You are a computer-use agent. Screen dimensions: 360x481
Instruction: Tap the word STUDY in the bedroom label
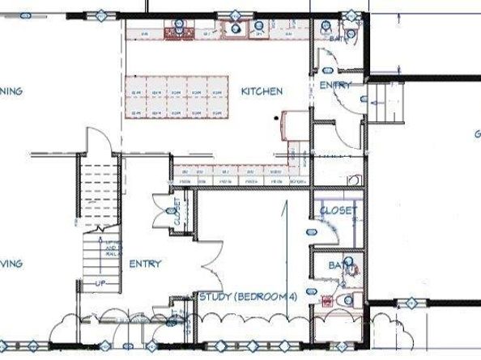click(215, 298)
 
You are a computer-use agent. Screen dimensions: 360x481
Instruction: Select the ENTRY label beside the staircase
click(144, 264)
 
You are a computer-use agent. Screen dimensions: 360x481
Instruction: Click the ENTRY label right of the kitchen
click(334, 85)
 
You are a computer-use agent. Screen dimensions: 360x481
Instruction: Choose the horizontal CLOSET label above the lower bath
click(338, 210)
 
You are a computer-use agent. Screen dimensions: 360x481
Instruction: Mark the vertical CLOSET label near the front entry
click(177, 213)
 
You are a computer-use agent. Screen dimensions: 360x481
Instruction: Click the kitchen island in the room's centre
click(175, 95)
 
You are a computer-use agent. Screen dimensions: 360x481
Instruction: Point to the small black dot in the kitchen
click(276, 118)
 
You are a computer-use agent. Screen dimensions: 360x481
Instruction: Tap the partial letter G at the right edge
click(477, 134)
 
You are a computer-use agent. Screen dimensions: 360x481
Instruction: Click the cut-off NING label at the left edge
click(11, 91)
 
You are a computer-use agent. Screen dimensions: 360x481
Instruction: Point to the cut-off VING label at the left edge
click(11, 264)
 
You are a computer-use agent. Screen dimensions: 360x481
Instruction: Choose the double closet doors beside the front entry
click(160, 212)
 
